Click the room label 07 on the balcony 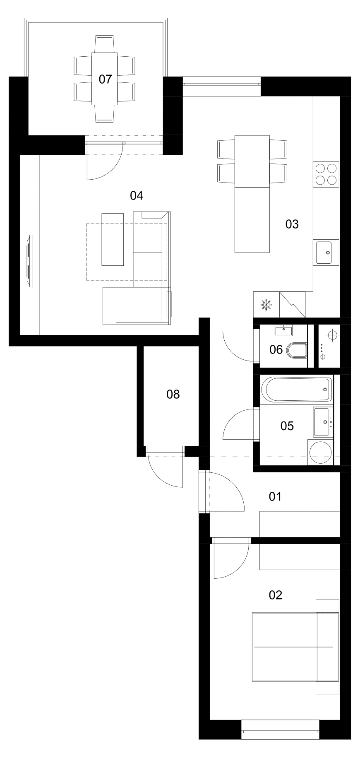pyautogui.click(x=105, y=79)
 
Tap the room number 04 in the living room pyautogui.click(x=137, y=195)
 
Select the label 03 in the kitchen pyautogui.click(x=292, y=224)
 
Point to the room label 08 pyautogui.click(x=173, y=394)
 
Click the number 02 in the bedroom pyautogui.click(x=275, y=595)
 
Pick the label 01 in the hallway pyautogui.click(x=275, y=496)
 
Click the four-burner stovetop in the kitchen pyautogui.click(x=326, y=174)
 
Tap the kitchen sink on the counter pyautogui.click(x=326, y=252)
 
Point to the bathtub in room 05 pyautogui.click(x=297, y=389)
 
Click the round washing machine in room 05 pyautogui.click(x=321, y=453)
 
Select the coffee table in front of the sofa pyautogui.click(x=113, y=239)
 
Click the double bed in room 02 pyautogui.click(x=295, y=647)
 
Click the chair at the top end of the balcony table pyautogui.click(x=104, y=44)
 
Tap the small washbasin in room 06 pyautogui.click(x=283, y=331)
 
